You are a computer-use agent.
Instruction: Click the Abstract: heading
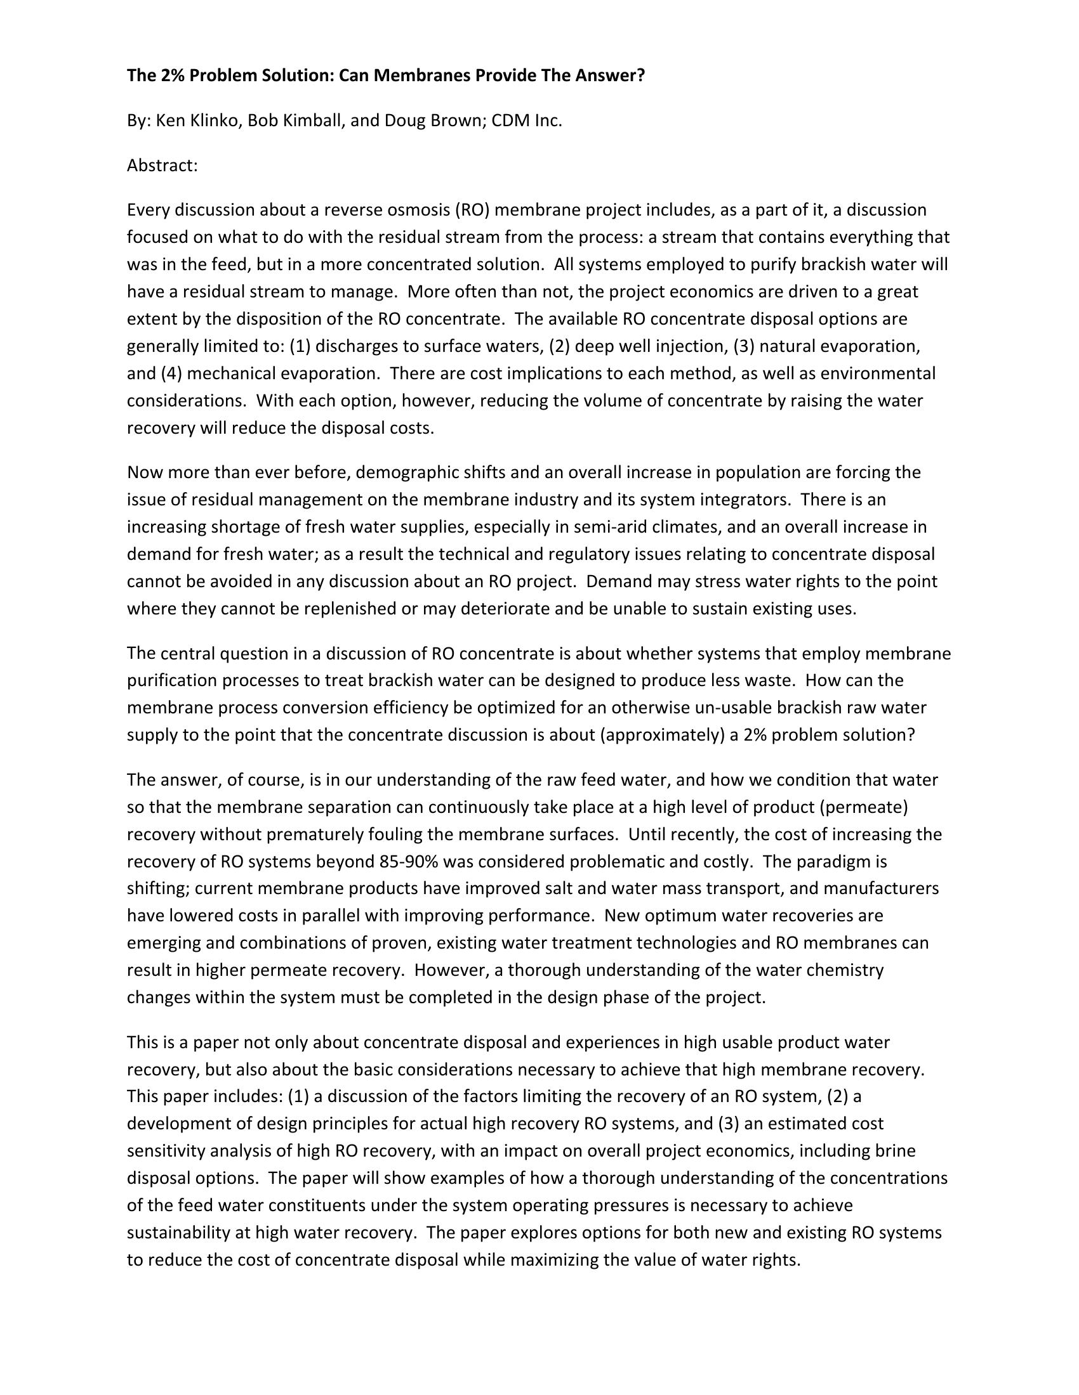point(162,165)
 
